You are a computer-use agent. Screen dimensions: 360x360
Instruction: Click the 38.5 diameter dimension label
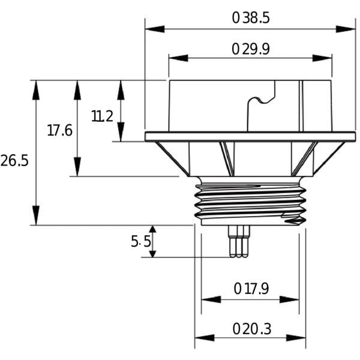click(251, 18)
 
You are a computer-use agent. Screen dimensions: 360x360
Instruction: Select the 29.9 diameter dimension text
click(251, 49)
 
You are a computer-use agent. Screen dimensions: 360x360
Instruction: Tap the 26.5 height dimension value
click(14, 160)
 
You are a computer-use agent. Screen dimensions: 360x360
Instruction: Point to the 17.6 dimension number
click(59, 130)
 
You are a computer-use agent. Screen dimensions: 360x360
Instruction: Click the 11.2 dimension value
click(102, 116)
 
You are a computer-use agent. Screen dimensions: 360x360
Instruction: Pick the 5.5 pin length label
click(141, 241)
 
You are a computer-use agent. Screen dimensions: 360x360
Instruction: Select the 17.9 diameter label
click(251, 289)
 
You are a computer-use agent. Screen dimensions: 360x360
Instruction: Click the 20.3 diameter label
click(252, 329)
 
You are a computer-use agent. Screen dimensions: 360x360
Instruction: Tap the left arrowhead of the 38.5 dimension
click(155, 29)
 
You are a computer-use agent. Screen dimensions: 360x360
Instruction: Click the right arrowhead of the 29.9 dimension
click(322, 58)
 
